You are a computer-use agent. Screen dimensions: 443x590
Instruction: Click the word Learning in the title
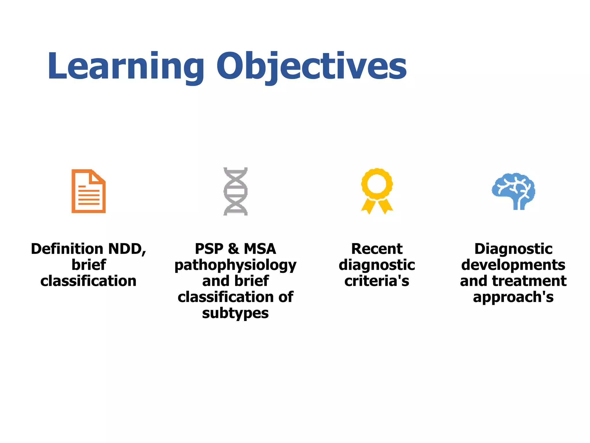click(125, 66)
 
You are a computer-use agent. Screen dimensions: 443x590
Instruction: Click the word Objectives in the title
click(311, 66)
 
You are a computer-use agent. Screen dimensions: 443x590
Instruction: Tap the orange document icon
click(88, 191)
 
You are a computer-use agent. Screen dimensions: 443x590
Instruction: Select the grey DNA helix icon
click(235, 191)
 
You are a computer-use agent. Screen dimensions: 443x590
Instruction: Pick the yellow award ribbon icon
click(377, 191)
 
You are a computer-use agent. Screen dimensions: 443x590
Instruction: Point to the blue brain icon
click(513, 191)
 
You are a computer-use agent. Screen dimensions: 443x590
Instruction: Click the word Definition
click(67, 249)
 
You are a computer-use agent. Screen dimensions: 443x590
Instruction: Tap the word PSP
click(209, 249)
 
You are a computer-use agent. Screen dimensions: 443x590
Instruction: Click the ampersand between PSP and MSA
click(233, 249)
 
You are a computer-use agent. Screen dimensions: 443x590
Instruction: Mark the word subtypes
click(235, 314)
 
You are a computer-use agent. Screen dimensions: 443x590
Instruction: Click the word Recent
click(377, 249)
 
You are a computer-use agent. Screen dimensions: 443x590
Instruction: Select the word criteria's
click(377, 281)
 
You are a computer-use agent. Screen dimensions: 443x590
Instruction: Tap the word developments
click(513, 265)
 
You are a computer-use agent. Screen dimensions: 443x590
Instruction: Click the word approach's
click(513, 297)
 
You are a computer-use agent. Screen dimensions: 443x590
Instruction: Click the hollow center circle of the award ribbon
click(377, 183)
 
